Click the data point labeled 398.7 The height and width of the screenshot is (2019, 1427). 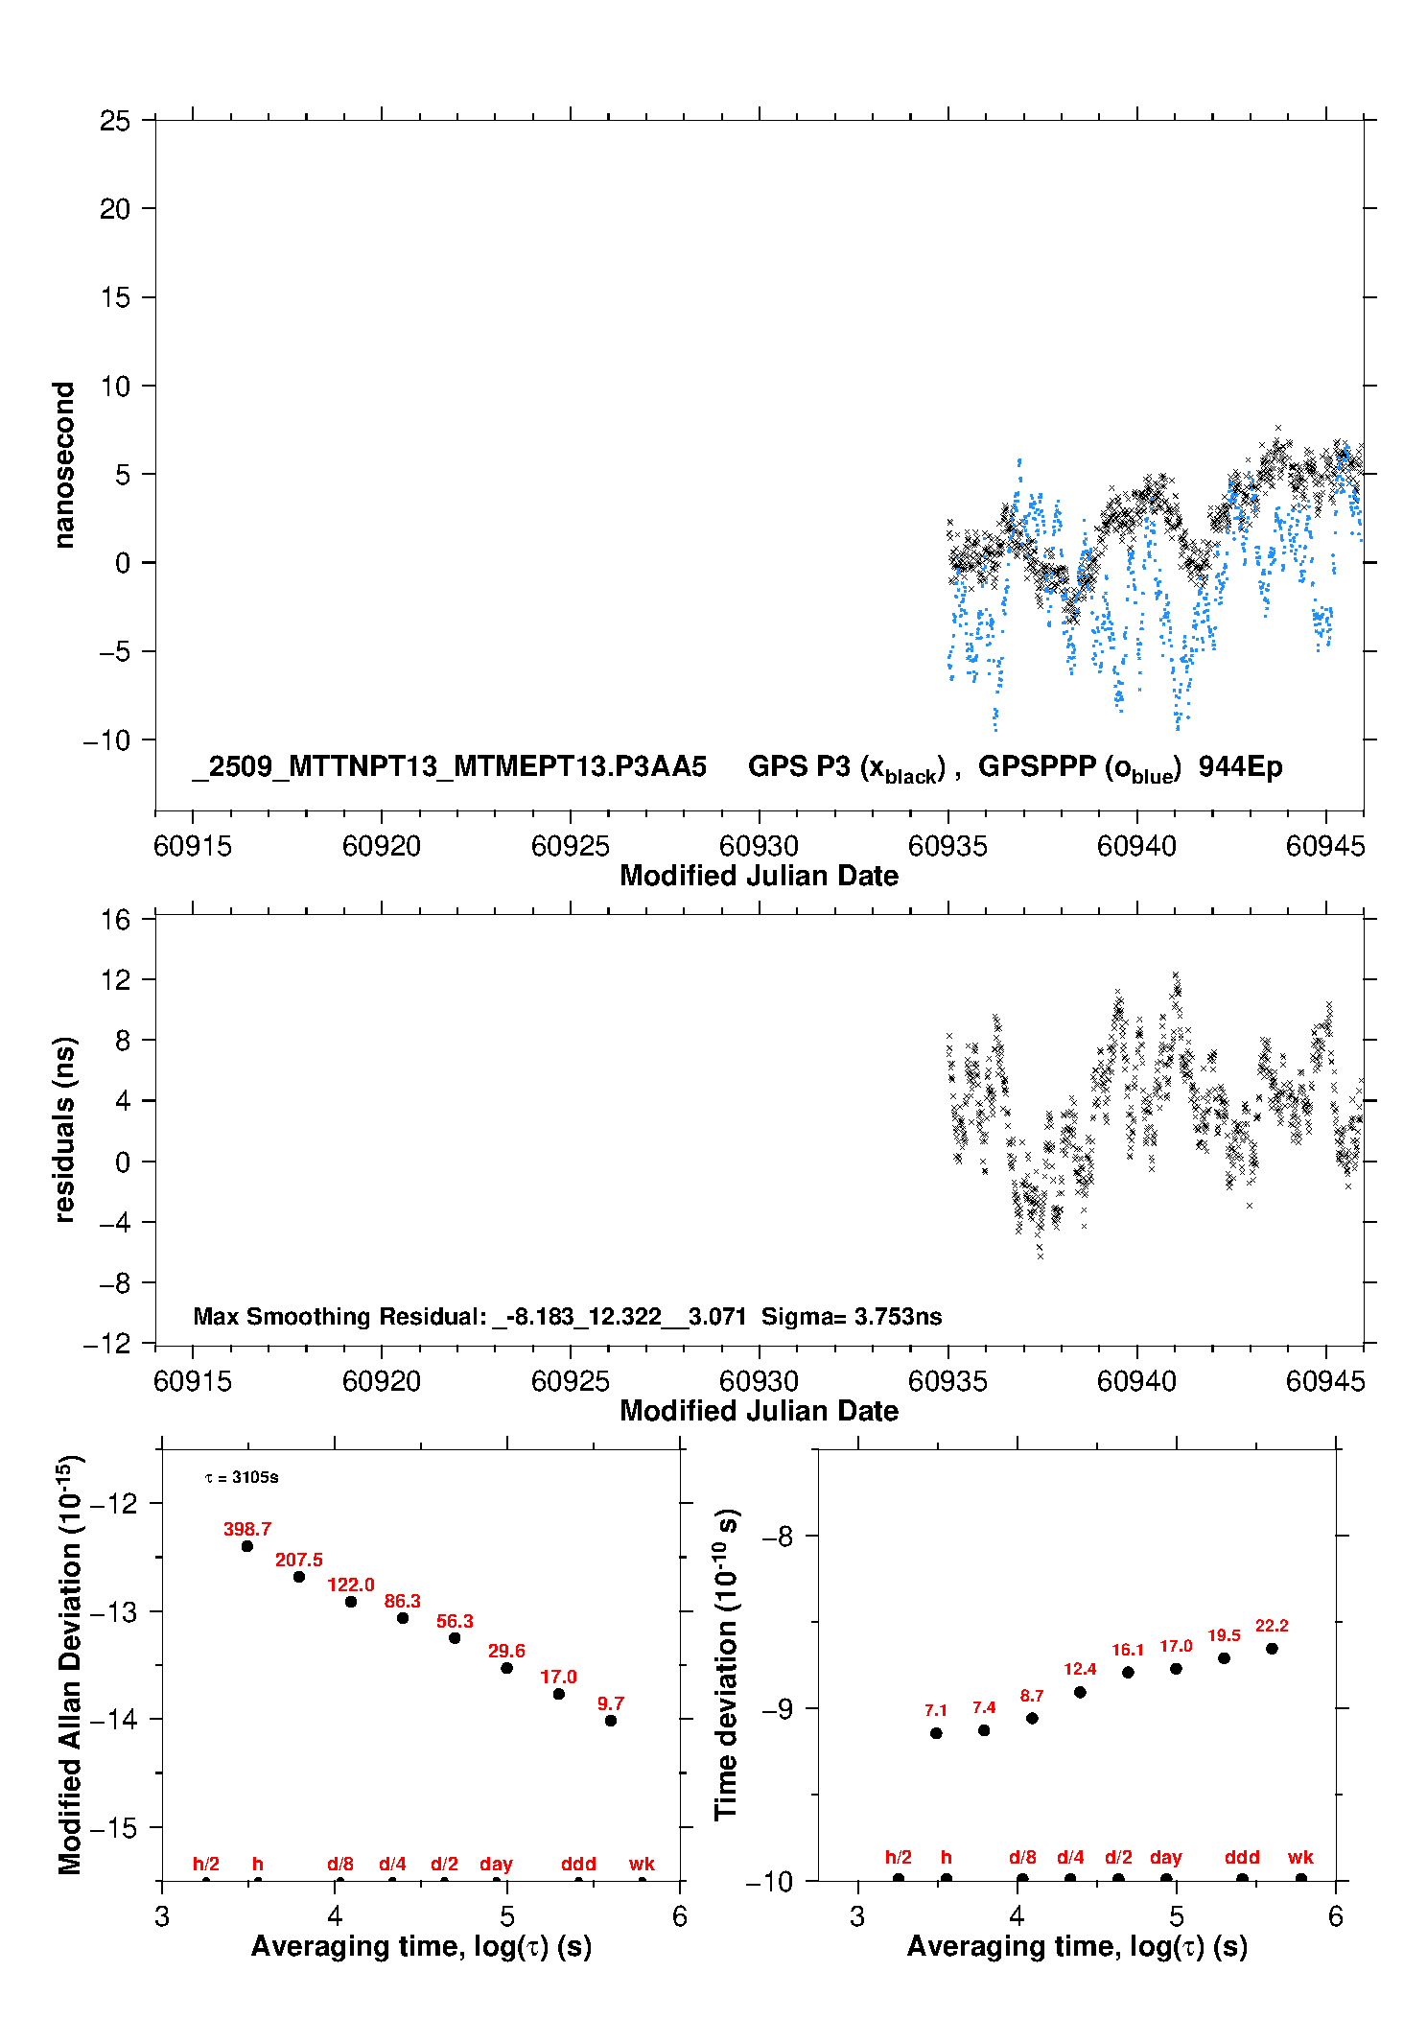(247, 1545)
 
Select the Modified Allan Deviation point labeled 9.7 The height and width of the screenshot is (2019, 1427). (611, 1720)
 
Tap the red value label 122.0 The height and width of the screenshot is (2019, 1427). (351, 1585)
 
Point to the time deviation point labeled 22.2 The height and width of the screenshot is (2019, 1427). (1272, 1648)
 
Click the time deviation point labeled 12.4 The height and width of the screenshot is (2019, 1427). (1080, 1692)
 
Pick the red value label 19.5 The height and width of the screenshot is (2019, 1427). (1224, 1635)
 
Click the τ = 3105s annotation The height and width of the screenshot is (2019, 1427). (242, 1477)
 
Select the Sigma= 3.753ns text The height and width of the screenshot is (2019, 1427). (852, 1316)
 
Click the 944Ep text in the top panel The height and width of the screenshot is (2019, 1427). (1240, 766)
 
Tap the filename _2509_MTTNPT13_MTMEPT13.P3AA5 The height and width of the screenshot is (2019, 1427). (449, 766)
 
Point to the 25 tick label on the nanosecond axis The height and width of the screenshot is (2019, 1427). (115, 121)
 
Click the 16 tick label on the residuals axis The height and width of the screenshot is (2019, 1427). (115, 920)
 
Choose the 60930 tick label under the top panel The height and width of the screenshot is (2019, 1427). (759, 846)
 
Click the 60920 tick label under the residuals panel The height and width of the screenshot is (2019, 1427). (382, 1381)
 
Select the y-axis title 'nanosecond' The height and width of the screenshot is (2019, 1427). (63, 465)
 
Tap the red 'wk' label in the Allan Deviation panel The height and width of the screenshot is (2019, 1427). (642, 1864)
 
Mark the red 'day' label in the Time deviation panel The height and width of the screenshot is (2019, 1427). (1166, 1857)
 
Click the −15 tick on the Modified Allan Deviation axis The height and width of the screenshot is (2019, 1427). (113, 1828)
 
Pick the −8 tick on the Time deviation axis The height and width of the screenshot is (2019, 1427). (777, 1537)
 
